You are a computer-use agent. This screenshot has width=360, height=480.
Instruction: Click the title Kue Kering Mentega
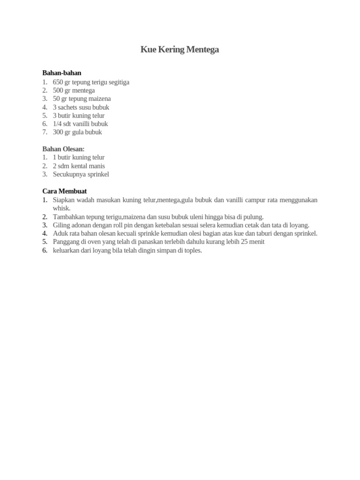tap(180, 50)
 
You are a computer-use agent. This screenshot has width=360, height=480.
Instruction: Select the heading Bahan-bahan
tap(62, 73)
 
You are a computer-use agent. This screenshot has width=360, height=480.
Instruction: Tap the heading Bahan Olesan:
tap(63, 149)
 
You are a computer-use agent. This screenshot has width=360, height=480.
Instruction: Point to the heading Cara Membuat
tap(64, 191)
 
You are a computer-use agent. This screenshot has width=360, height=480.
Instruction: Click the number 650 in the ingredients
tap(58, 82)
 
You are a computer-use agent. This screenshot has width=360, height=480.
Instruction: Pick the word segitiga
tap(117, 82)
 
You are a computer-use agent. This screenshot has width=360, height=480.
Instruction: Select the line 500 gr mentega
tap(74, 90)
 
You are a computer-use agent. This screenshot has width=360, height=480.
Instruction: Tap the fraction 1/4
tap(58, 124)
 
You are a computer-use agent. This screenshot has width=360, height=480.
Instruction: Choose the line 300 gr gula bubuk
tap(77, 132)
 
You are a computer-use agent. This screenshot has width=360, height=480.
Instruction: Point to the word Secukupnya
tap(69, 174)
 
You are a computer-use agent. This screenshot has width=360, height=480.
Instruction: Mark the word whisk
tap(61, 208)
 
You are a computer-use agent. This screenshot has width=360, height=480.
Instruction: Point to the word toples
tap(191, 250)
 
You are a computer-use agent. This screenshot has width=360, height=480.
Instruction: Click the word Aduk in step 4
tap(60, 233)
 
